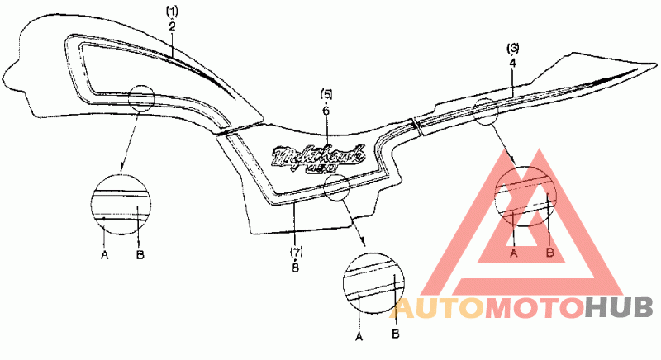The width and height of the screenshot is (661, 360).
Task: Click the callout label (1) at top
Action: pos(171,13)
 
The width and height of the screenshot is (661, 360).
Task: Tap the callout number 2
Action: pos(171,26)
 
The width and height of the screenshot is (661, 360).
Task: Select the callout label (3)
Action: pos(512,48)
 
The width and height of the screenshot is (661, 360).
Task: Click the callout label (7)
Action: pos(295,250)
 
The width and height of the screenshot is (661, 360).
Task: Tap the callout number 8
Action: pos(295,266)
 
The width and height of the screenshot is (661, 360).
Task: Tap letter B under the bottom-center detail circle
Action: pos(395,332)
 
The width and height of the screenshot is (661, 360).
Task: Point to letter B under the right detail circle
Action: pos(550,252)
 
